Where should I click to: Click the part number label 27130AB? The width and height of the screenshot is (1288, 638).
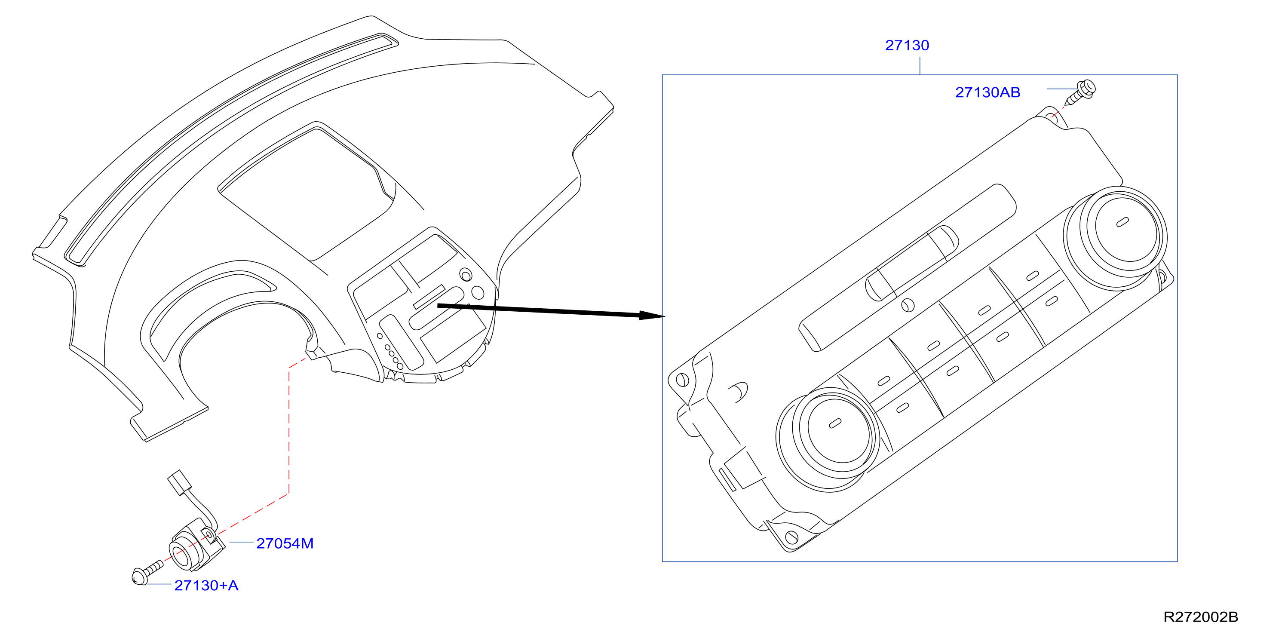pyautogui.click(x=987, y=92)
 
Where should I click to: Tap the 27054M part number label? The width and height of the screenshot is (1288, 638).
pyautogui.click(x=285, y=543)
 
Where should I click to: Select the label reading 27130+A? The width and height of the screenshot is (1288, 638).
pyautogui.click(x=206, y=586)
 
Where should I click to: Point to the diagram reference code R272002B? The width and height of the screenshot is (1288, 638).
pyautogui.click(x=1200, y=617)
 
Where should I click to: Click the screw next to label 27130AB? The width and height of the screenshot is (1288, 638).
pyautogui.click(x=1080, y=93)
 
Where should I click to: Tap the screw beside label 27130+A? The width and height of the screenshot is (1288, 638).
pyautogui.click(x=147, y=573)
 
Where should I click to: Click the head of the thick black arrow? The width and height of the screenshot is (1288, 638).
pyautogui.click(x=652, y=316)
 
